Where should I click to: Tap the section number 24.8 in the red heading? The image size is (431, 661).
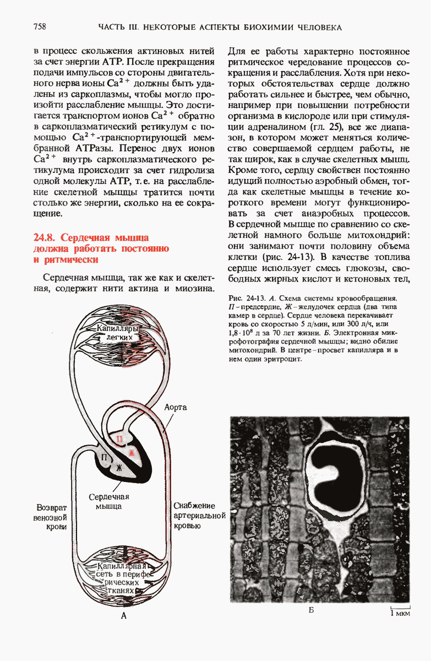point(45,238)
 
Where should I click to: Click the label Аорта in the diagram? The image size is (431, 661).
point(176,407)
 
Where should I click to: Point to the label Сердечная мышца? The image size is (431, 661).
point(108,501)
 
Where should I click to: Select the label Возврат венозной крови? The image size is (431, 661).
point(51,516)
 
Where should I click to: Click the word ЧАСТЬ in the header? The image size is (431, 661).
point(112,27)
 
